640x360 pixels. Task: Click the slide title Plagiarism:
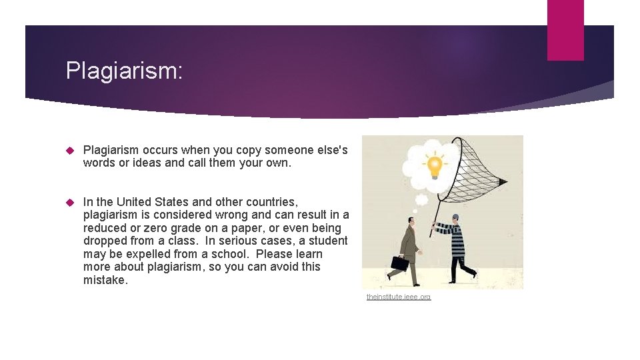click(123, 71)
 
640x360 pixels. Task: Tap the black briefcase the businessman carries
click(400, 263)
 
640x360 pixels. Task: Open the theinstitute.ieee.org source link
click(399, 297)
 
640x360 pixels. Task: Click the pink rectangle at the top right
click(565, 30)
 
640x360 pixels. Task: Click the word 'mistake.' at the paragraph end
click(105, 280)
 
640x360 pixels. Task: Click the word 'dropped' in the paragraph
click(104, 241)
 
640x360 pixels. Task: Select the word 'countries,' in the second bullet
click(267, 202)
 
